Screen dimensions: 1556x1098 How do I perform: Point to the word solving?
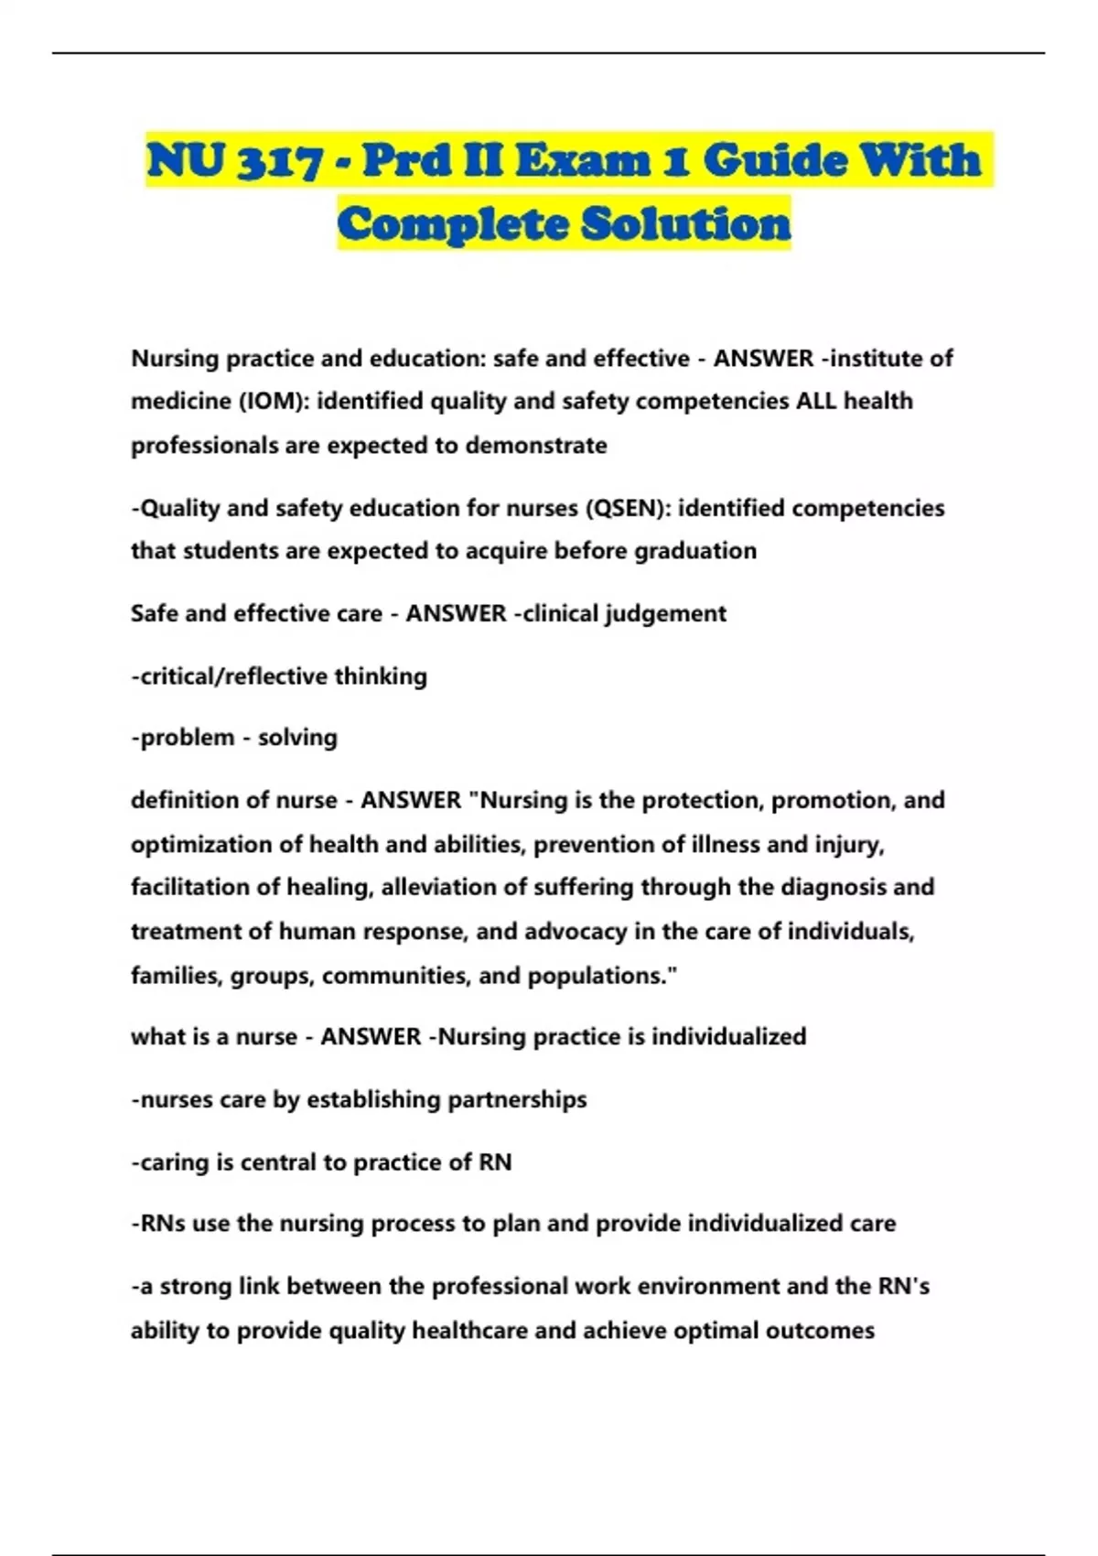tap(297, 738)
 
